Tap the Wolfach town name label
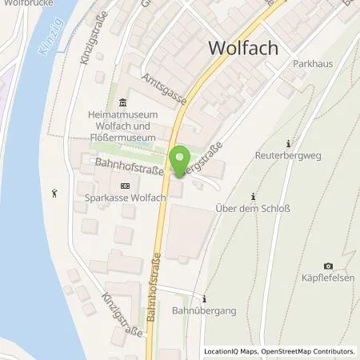tap(243, 48)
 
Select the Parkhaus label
tap(313, 63)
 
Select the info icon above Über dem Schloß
tap(254, 197)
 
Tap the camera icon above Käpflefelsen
tap(328, 266)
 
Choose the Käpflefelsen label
tap(328, 280)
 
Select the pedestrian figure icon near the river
tap(54, 192)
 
